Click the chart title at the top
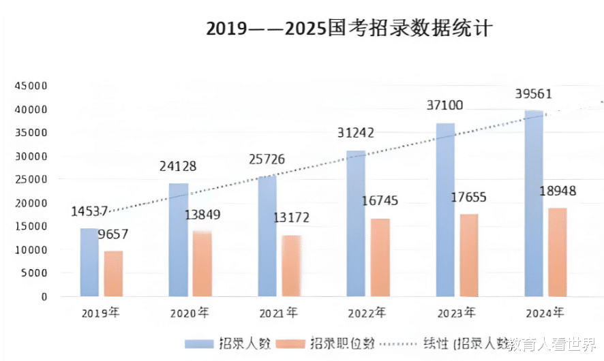[348, 29]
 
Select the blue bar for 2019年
[89, 262]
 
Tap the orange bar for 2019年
[113, 274]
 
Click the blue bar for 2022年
[356, 223]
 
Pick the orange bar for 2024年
[557, 252]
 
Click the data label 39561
[529, 94]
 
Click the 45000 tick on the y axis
[33, 86]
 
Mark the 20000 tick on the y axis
[33, 203]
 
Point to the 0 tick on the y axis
[43, 297]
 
